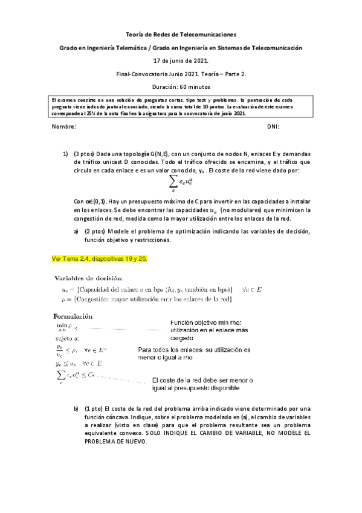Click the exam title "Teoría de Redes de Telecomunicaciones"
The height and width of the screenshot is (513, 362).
pos(181,35)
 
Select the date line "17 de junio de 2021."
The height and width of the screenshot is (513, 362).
pos(181,60)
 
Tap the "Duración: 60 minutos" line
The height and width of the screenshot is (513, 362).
pos(181,86)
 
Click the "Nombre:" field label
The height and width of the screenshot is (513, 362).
pos(64,126)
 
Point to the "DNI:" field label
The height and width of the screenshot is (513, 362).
pos(273,126)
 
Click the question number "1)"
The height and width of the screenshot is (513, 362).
pos(66,154)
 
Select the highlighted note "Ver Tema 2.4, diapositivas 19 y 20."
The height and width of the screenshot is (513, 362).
pos(100,259)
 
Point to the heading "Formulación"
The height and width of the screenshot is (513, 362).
pos(73,315)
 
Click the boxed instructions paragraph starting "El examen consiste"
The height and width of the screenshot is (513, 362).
pos(181,106)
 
